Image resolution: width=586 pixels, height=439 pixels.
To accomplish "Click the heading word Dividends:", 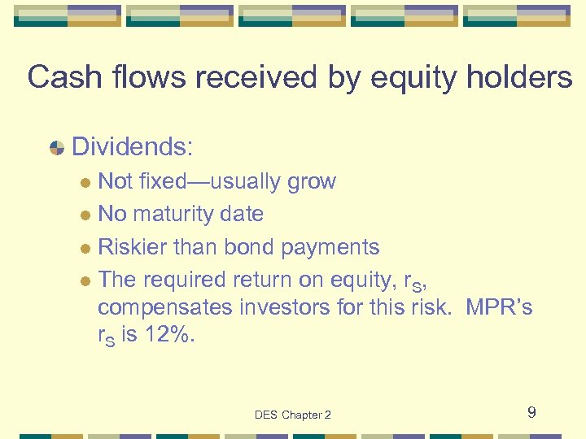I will pyautogui.click(x=133, y=147).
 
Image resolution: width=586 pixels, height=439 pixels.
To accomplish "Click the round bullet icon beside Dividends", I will pyautogui.click(x=57, y=148).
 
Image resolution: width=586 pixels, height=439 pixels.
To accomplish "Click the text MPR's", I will pyautogui.click(x=500, y=308).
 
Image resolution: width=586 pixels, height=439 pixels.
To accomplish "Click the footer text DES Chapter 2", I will pyautogui.click(x=293, y=415).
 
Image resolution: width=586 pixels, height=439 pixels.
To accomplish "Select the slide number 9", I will pyautogui.click(x=531, y=413).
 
